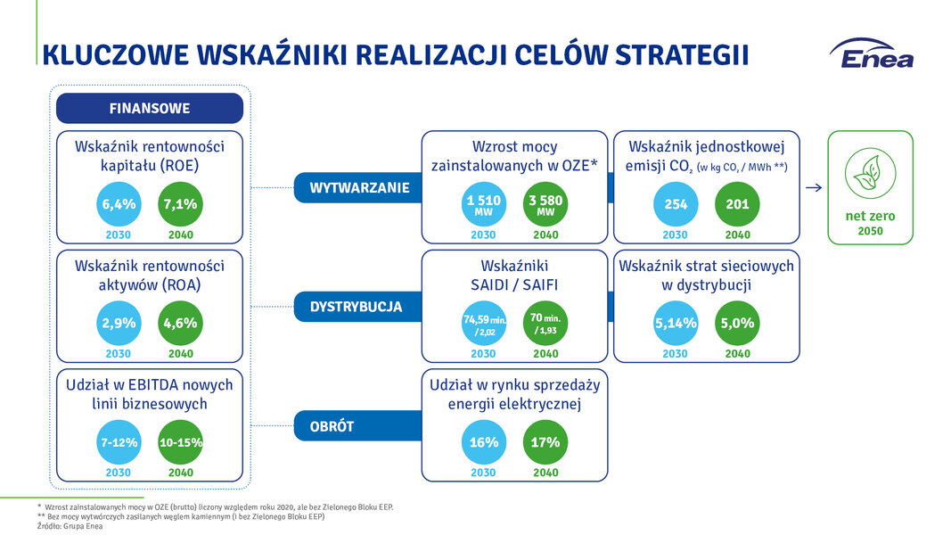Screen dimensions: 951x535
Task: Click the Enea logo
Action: pos(872,53)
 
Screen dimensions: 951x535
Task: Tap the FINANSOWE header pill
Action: pos(150,109)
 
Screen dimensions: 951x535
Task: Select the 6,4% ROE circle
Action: pos(119,204)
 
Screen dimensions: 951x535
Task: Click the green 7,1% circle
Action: pos(181,204)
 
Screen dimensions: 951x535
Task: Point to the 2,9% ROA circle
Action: pos(119,324)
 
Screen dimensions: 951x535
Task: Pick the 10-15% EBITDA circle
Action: pos(181,442)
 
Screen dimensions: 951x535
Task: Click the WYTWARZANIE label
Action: pos(359,188)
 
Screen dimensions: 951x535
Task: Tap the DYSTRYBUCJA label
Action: pos(356,307)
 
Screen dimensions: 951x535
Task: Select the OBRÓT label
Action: pos(332,426)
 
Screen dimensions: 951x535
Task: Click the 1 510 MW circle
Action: pos(484,204)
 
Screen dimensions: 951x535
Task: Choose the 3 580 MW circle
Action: pos(545,204)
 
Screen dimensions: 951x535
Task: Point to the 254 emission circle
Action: pos(676,204)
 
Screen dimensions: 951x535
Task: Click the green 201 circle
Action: pos(737,204)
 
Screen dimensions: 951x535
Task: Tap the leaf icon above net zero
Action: pos(870,174)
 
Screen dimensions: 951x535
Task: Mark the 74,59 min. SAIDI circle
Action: pos(484,324)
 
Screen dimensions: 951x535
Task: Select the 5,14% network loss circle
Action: pos(676,324)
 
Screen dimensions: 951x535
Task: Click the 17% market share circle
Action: pos(545,442)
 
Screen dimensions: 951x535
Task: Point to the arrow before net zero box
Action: pos(814,187)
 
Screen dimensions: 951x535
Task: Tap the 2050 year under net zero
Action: pos(870,231)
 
